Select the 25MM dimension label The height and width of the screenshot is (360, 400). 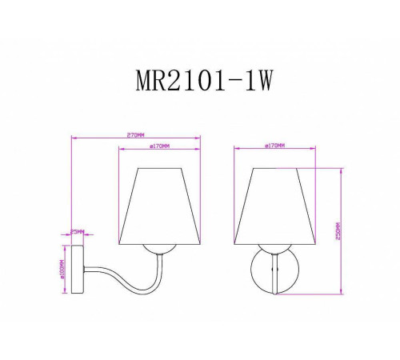(77, 231)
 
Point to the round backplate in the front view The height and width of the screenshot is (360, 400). (274, 272)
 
